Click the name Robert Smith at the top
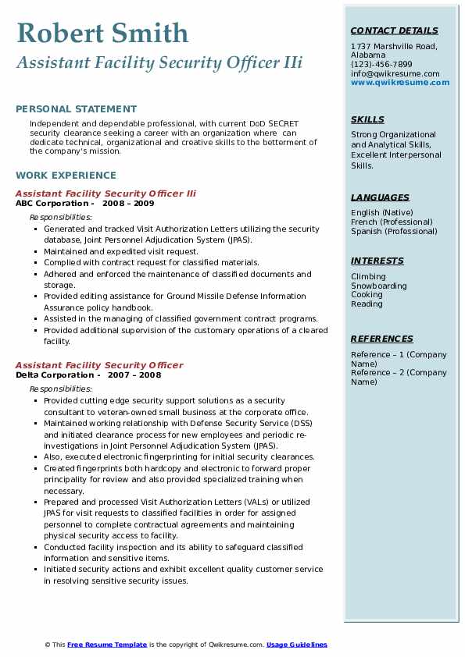(x=102, y=33)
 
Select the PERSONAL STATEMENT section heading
(x=76, y=109)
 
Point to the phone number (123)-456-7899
(x=381, y=64)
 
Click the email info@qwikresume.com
(x=395, y=73)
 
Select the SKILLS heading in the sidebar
(x=367, y=119)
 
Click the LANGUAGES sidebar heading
(x=380, y=197)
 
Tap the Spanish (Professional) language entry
(x=394, y=231)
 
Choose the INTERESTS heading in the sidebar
(x=377, y=261)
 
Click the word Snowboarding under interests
(x=378, y=286)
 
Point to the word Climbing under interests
(x=368, y=276)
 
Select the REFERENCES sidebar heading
(x=381, y=339)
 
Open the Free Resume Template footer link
(x=107, y=645)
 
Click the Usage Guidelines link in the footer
(x=297, y=645)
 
